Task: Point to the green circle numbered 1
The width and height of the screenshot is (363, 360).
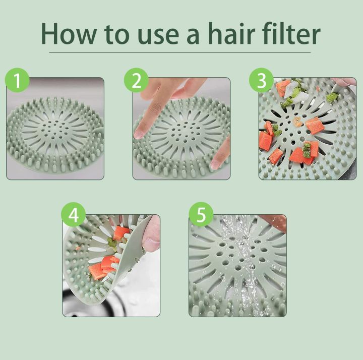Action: click(x=17, y=80)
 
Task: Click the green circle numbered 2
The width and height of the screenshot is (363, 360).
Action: click(x=136, y=80)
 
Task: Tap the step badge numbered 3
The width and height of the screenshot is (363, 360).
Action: click(x=261, y=80)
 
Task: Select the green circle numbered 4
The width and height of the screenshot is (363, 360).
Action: click(x=74, y=215)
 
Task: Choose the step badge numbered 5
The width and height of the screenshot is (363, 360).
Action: click(x=201, y=215)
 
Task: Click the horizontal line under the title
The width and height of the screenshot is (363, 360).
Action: click(x=180, y=52)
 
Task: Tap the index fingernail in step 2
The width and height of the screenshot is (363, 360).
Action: click(x=139, y=134)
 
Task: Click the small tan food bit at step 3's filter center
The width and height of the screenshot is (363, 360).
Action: click(x=297, y=122)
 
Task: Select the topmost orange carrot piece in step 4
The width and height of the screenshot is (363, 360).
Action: click(x=121, y=232)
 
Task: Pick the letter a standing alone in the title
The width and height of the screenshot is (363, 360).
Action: click(x=193, y=35)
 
